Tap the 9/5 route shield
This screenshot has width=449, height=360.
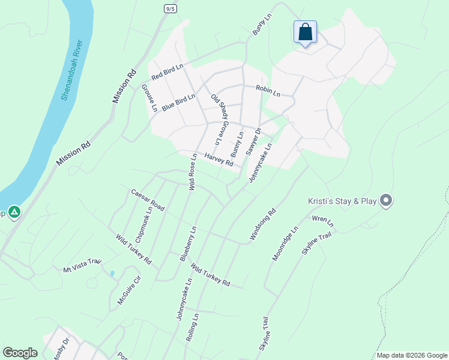click(170, 8)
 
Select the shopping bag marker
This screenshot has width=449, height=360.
click(305, 31)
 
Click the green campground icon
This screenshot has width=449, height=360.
click(14, 212)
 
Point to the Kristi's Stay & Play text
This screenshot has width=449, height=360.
click(341, 201)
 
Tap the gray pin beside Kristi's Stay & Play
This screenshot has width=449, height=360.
click(386, 200)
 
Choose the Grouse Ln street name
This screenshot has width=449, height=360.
click(149, 98)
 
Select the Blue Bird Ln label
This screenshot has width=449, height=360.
click(178, 101)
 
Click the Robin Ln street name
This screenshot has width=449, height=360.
click(268, 91)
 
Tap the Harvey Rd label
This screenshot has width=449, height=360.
click(218, 160)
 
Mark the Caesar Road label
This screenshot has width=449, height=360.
click(148, 200)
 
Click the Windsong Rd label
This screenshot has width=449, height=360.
click(262, 224)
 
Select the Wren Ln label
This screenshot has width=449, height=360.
click(322, 221)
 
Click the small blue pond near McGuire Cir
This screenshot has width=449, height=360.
click(112, 274)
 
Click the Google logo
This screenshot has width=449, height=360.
click(20, 353)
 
